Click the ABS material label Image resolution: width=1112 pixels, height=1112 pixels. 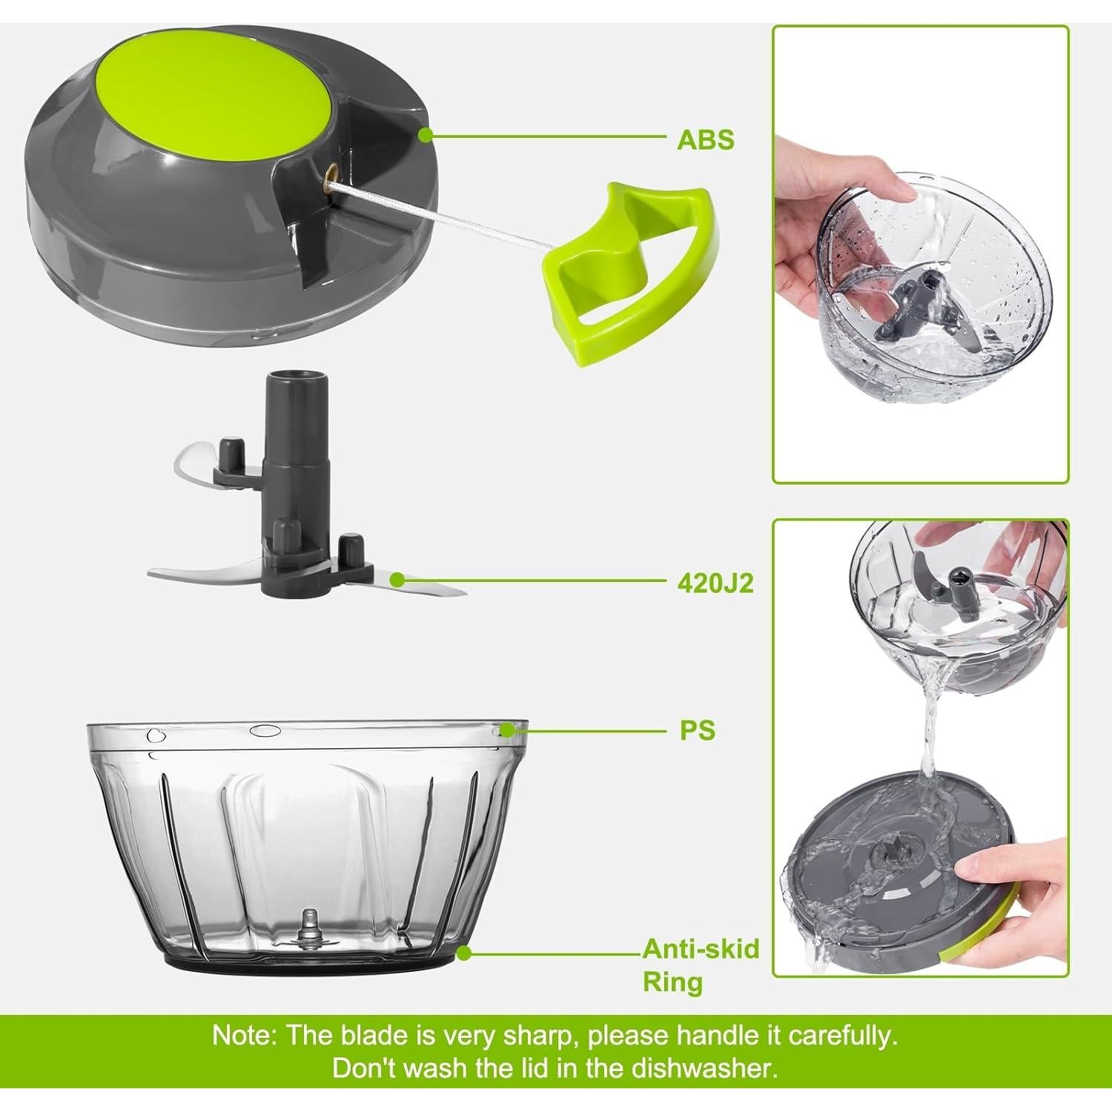pos(705,139)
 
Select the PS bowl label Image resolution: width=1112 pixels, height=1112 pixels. pos(698,730)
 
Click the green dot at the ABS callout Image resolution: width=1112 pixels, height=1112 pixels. pos(426,135)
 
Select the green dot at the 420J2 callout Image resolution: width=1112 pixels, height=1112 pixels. pos(398,579)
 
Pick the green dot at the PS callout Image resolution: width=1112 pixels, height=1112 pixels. pos(506,730)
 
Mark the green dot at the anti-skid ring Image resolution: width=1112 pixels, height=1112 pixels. pos(464,953)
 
